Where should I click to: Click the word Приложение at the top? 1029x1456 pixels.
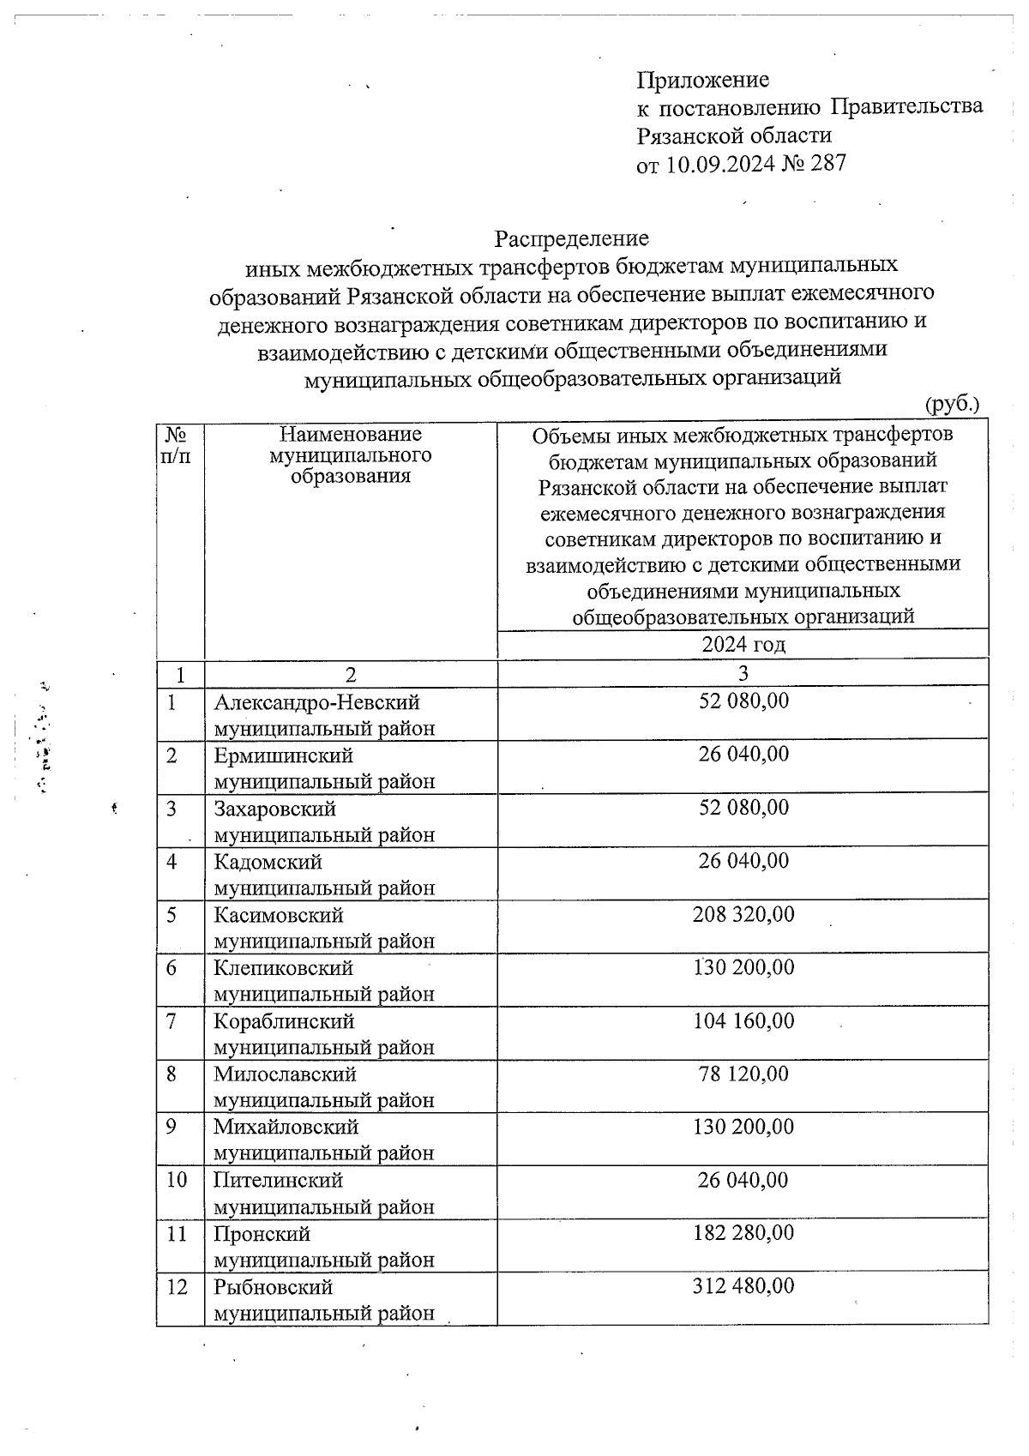[702, 80]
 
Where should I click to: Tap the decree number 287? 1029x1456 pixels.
[827, 163]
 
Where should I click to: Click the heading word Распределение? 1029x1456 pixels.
[571, 238]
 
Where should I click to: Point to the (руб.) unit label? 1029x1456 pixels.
[952, 403]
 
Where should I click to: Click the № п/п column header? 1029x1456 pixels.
[176, 445]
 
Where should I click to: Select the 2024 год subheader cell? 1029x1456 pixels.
[743, 645]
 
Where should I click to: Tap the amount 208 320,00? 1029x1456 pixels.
[743, 914]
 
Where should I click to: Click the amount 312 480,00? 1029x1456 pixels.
[743, 1286]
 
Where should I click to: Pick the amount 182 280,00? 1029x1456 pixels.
[743, 1233]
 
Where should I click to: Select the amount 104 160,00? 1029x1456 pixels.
[743, 1020]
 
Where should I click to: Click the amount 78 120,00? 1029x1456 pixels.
[743, 1074]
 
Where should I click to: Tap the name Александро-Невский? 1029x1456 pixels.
[316, 702]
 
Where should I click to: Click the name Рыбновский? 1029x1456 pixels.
[273, 1287]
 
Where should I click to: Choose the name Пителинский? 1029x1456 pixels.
[278, 1181]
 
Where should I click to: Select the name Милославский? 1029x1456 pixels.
[285, 1074]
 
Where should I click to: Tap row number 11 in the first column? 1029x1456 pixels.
[177, 1234]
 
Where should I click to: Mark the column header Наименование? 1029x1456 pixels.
[351, 435]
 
